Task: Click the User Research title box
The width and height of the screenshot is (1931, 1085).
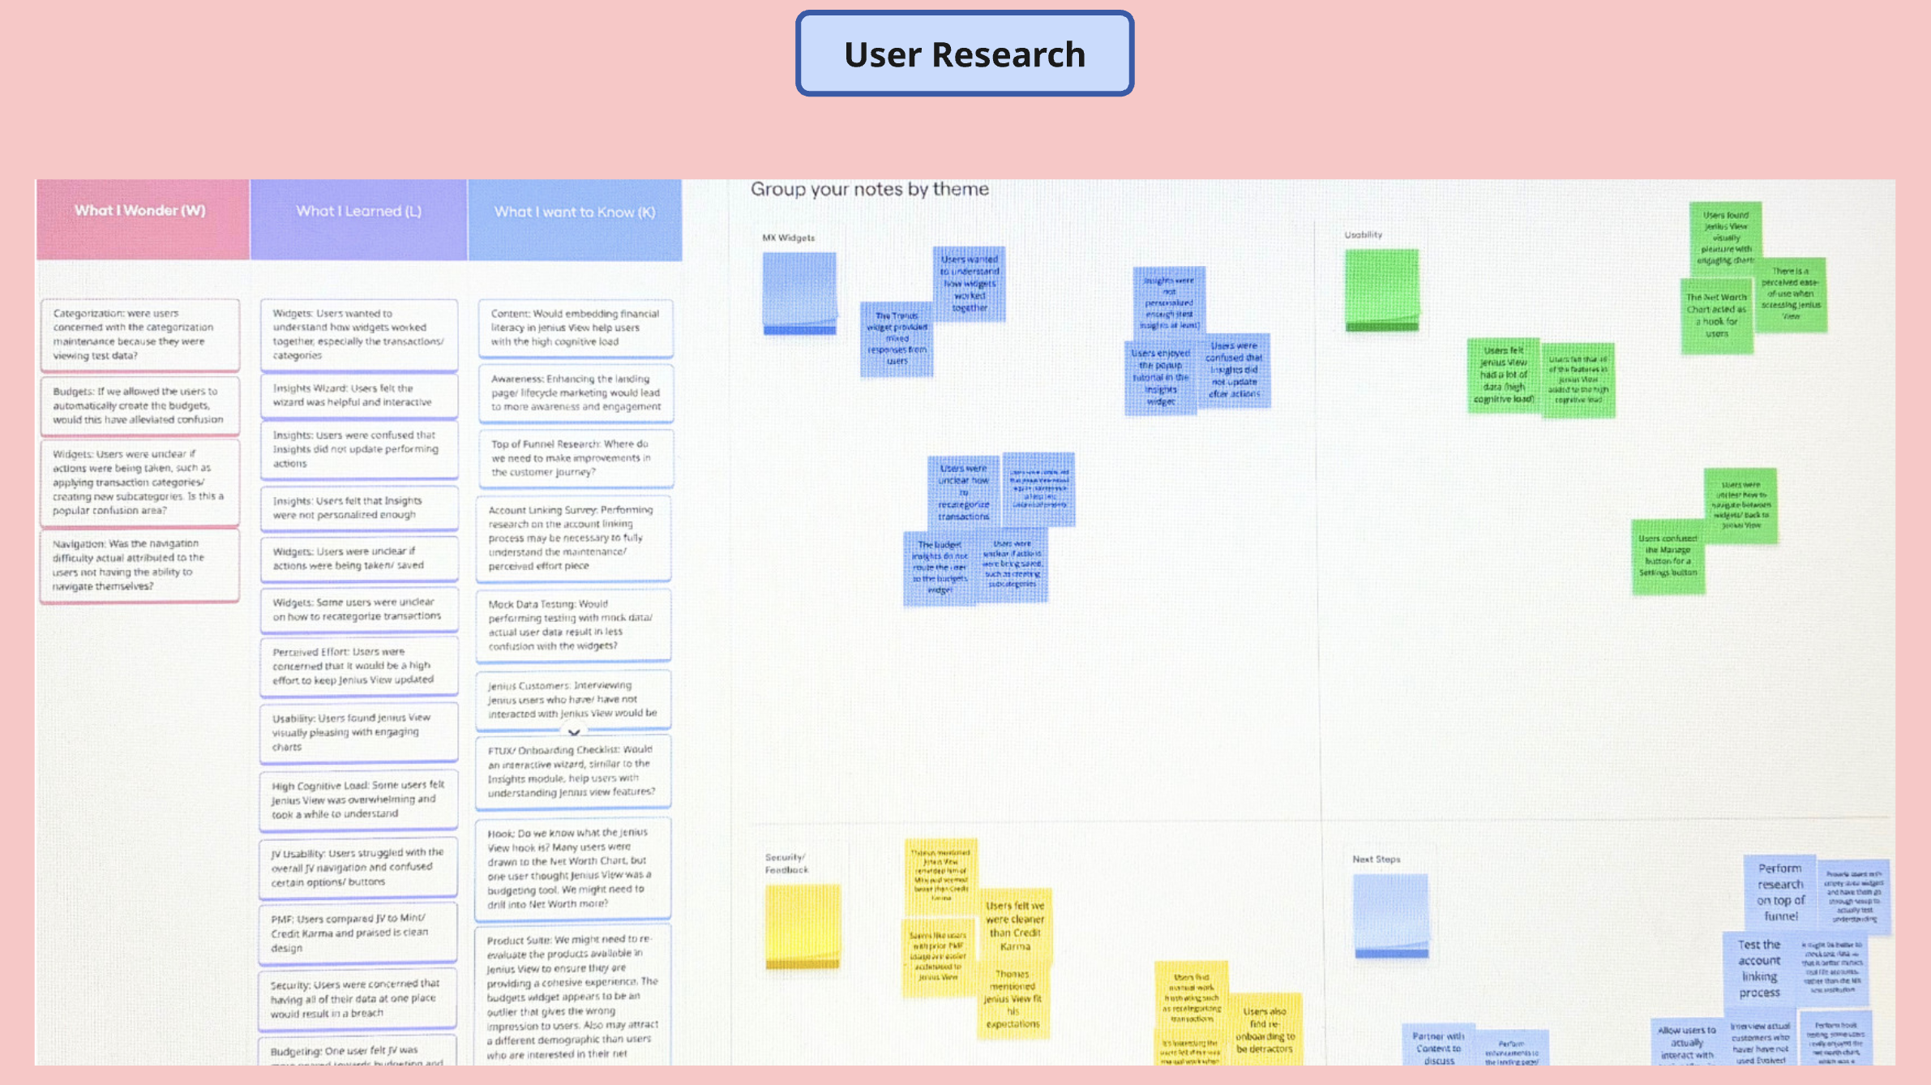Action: coord(964,54)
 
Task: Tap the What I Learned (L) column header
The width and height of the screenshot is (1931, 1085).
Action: coord(358,212)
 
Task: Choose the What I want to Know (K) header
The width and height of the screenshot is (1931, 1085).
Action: coord(575,212)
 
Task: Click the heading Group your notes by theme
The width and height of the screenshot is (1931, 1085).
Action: coord(869,190)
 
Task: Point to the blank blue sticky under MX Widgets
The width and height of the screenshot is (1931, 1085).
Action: coord(799,292)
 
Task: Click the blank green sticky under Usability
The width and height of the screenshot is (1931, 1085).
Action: coord(1381,289)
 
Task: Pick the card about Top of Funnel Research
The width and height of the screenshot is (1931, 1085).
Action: coord(575,458)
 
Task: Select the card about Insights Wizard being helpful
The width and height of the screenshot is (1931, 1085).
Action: coord(358,396)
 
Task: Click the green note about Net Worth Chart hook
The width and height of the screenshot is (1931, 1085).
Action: coord(1717,315)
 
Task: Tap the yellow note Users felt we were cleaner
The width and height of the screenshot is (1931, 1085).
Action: coord(1015,925)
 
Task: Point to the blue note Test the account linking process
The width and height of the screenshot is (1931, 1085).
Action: coord(1758,968)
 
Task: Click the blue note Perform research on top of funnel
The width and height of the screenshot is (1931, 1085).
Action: coord(1780,892)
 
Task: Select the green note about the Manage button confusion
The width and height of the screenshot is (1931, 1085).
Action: coord(1668,556)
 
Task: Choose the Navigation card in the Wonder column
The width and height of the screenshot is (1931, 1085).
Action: coord(139,564)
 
